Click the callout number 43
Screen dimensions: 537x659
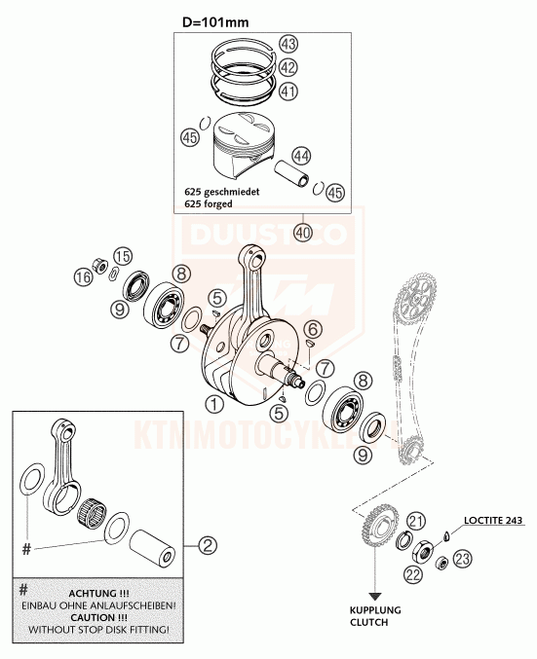pos(288,44)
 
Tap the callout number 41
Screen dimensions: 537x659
pos(288,91)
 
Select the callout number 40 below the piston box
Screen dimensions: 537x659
pos(304,233)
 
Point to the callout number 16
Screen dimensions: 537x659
pos(84,277)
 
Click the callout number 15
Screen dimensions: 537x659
pos(122,256)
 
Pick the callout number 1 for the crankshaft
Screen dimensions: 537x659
pos(214,405)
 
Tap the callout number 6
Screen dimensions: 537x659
pos(313,329)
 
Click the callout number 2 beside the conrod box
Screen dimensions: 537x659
pos(207,545)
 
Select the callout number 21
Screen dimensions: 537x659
pos(415,522)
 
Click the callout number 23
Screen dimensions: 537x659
pos(462,559)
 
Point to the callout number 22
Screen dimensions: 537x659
pos(413,574)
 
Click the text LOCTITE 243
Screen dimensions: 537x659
pos(493,521)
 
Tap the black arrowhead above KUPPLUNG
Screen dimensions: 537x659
pos(374,597)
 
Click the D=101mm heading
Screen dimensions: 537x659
pos(215,21)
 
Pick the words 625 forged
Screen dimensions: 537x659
pos(209,203)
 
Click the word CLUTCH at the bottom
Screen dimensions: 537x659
pos(368,622)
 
